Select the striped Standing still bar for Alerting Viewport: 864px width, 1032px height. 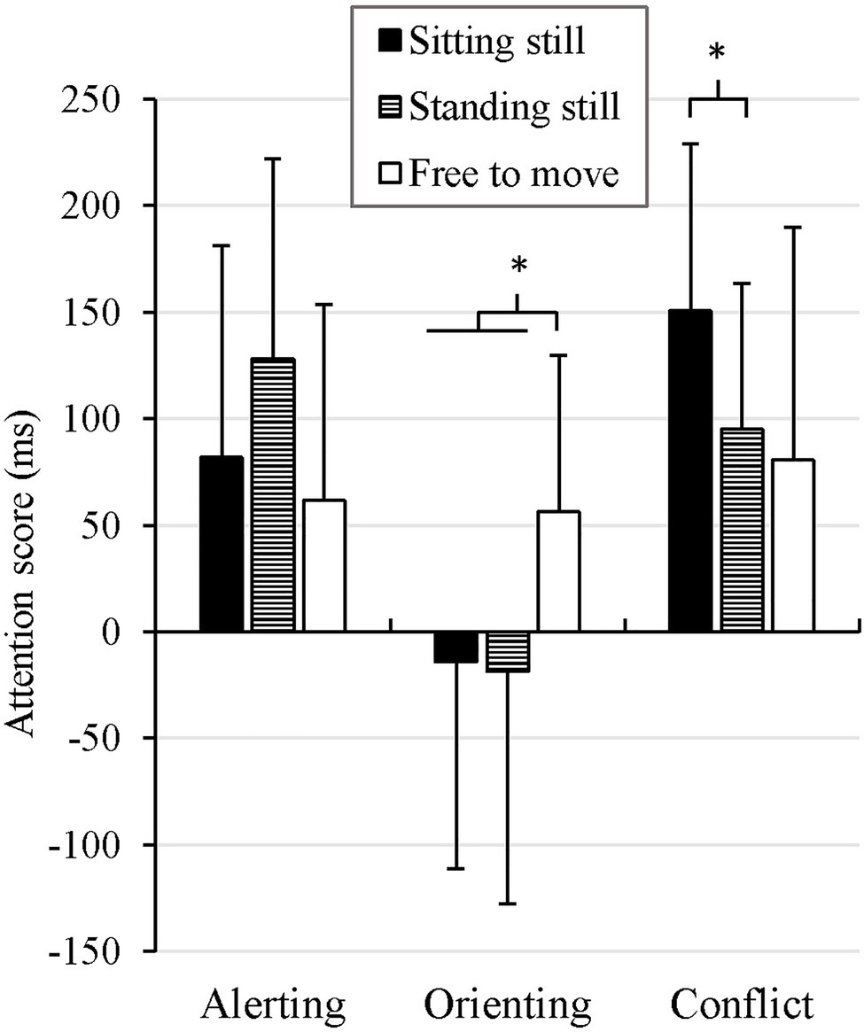pos(273,495)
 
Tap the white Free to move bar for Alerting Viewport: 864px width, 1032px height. pos(324,565)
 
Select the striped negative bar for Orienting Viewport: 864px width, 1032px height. pos(508,651)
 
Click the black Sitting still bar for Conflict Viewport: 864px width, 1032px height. pos(689,470)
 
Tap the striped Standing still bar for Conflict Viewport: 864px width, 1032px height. pos(742,530)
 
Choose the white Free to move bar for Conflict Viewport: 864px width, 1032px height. pos(793,545)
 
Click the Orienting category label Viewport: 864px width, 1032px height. pos(506,1004)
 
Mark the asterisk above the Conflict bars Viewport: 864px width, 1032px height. pos(717,52)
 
